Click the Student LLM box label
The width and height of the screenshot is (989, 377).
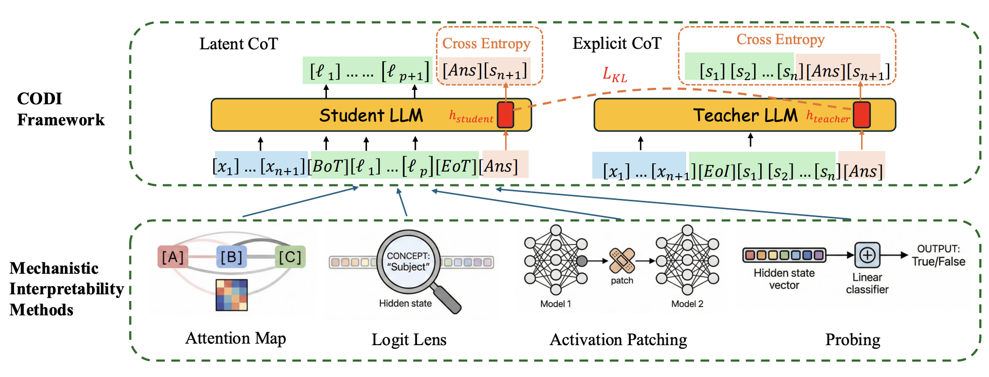tap(371, 115)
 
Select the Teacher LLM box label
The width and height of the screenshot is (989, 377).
tap(745, 115)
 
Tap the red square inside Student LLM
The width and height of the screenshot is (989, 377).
tap(505, 115)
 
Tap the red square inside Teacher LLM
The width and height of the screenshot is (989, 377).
tap(862, 115)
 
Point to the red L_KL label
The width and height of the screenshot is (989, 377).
tap(615, 75)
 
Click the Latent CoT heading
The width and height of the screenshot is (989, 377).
tap(239, 44)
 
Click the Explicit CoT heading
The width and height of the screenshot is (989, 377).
tap(617, 44)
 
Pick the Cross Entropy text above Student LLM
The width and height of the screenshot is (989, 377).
tap(486, 44)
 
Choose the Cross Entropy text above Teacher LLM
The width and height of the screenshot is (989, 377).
tap(780, 40)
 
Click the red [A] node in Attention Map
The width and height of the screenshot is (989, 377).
tap(173, 257)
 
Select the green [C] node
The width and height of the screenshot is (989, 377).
tap(290, 257)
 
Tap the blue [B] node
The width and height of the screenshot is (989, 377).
tap(231, 257)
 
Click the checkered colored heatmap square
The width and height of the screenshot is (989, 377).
tap(232, 295)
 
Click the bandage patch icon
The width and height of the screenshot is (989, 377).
tap(622, 261)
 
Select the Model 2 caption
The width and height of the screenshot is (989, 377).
tap(687, 304)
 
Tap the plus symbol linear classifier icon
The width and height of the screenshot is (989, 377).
tap(867, 255)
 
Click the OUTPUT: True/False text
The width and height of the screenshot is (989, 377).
tap(938, 255)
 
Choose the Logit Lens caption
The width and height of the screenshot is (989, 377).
tap(409, 340)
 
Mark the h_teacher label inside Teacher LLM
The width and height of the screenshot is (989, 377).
tap(828, 117)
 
